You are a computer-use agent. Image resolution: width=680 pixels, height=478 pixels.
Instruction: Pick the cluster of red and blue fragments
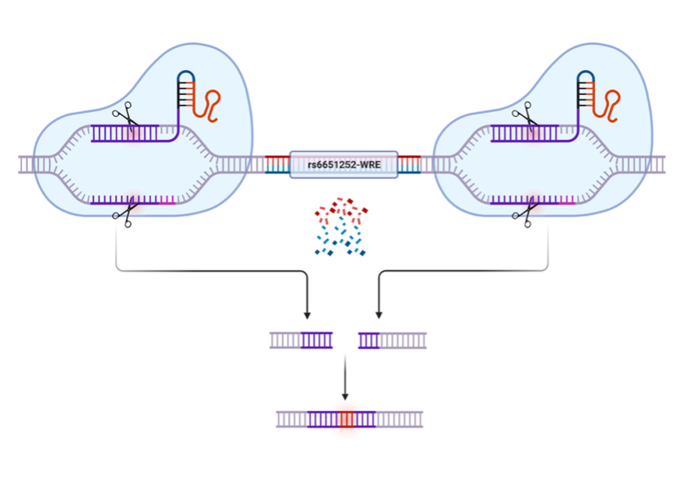[340, 227]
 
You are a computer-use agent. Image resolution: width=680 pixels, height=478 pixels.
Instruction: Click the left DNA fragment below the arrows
[301, 340]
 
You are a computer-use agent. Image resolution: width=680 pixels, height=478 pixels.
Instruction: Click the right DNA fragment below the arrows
[392, 340]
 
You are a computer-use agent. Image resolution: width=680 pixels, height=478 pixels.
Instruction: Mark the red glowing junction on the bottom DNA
[347, 419]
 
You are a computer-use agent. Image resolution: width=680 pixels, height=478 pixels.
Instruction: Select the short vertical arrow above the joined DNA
[344, 378]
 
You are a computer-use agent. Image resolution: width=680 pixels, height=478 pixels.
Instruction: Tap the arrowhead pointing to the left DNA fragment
[307, 315]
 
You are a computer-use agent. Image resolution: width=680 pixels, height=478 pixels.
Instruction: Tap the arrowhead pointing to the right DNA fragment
[379, 315]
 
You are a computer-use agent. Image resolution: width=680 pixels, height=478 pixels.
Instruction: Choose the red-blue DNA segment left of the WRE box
[277, 164]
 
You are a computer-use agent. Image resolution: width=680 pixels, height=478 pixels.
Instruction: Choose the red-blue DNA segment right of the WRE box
[410, 164]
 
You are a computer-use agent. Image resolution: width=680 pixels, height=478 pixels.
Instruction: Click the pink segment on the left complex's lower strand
[167, 201]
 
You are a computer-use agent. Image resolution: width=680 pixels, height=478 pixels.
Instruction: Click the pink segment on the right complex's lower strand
[567, 201]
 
